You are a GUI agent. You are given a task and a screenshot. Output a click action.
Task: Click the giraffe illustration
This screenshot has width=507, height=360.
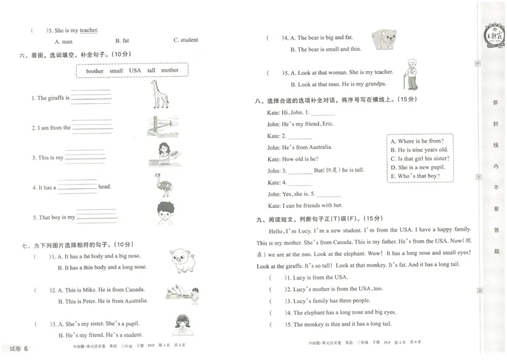pyautogui.click(x=160, y=95)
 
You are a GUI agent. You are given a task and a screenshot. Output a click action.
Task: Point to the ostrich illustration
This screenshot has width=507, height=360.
pyautogui.click(x=160, y=184)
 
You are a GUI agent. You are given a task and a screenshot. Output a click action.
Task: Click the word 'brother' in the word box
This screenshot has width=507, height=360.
pyautogui.click(x=94, y=71)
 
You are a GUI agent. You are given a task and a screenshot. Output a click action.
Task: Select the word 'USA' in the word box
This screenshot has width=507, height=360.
pyautogui.click(x=135, y=71)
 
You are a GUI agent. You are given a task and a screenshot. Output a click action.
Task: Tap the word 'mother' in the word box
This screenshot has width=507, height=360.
pyautogui.click(x=170, y=71)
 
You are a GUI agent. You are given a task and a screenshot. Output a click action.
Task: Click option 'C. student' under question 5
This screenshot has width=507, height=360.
pyautogui.click(x=186, y=40)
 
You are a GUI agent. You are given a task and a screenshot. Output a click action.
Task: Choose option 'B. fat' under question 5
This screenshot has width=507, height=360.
pyautogui.click(x=122, y=40)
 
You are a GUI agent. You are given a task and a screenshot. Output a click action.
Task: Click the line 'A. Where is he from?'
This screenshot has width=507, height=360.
pyautogui.click(x=416, y=141)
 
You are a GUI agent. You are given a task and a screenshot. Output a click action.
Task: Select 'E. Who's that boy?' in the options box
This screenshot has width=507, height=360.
pyautogui.click(x=415, y=176)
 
